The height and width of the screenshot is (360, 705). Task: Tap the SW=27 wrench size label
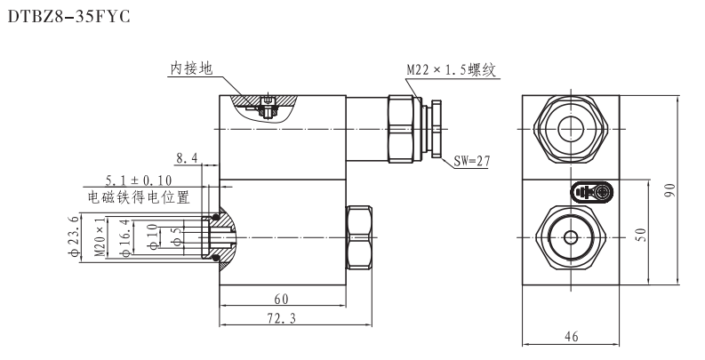pyautogui.click(x=475, y=161)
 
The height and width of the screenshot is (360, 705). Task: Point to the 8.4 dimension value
pyautogui.click(x=188, y=158)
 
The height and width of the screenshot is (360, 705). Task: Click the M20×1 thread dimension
pyautogui.click(x=100, y=237)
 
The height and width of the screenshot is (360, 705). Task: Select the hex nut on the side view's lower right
pyautogui.click(x=359, y=236)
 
